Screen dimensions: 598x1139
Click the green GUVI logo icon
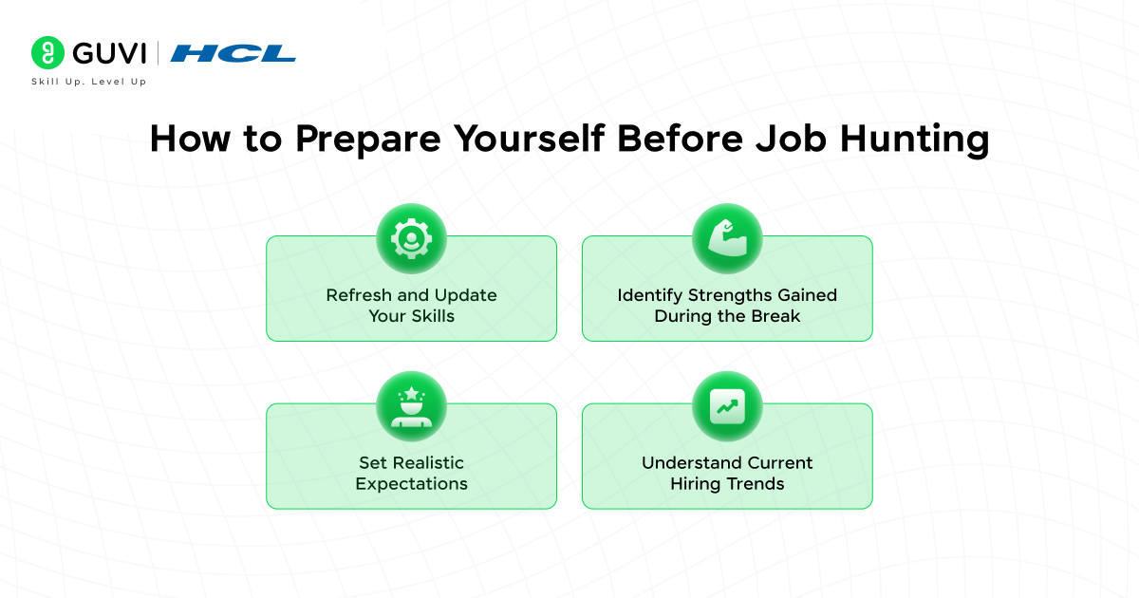(47, 53)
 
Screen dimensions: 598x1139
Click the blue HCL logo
(233, 53)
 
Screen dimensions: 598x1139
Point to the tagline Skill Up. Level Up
(88, 83)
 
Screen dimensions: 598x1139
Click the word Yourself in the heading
(528, 140)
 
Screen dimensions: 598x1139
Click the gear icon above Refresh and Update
(411, 238)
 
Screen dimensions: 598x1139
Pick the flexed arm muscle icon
(727, 238)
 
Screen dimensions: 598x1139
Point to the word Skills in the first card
(432, 316)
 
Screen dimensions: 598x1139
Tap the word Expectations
(411, 484)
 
